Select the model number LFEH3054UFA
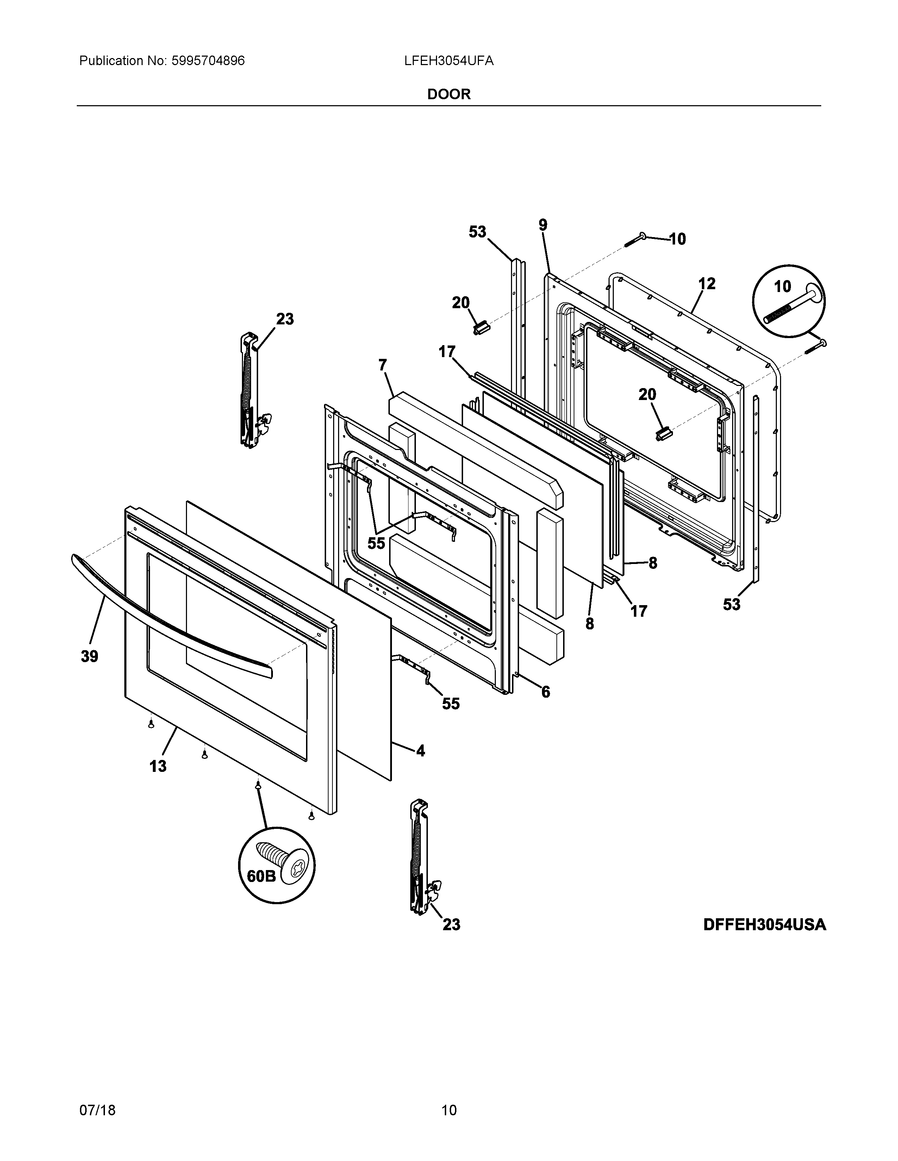(448, 61)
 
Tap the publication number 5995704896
(208, 61)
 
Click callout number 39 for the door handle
(89, 656)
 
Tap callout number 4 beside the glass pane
(420, 751)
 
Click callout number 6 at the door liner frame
(546, 692)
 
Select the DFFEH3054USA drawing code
(765, 925)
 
